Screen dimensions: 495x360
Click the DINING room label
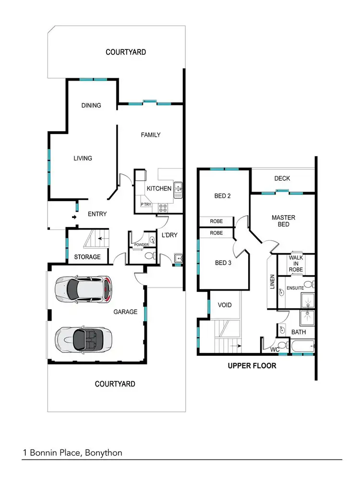click(91, 105)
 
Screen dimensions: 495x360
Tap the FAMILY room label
click(150, 135)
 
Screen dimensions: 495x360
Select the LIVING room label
click(83, 158)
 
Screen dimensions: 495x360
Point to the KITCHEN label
click(159, 188)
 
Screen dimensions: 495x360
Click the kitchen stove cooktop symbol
click(163, 207)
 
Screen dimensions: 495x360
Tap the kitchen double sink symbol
click(178, 190)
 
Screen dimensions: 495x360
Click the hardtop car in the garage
click(84, 289)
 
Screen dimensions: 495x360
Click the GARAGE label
click(125, 312)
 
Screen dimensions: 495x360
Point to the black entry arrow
click(73, 217)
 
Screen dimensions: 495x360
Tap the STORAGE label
click(87, 257)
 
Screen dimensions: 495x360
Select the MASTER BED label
click(283, 221)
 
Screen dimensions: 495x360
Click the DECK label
click(282, 179)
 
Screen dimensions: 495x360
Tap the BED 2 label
click(222, 196)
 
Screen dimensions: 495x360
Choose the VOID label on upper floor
click(225, 305)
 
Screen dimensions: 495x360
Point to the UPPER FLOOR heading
click(252, 366)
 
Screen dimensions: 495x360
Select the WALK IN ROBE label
click(296, 264)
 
